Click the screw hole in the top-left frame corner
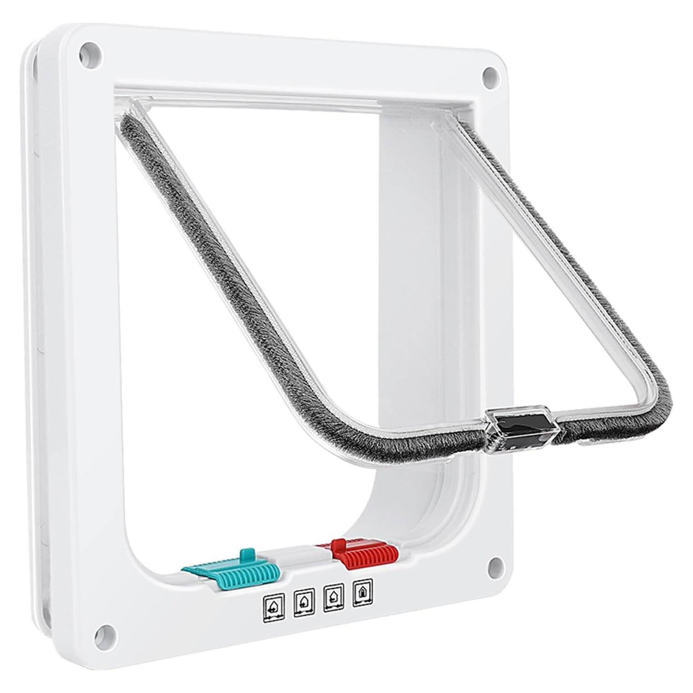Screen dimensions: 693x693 [x=89, y=49]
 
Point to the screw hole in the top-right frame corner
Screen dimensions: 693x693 [x=490, y=73]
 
